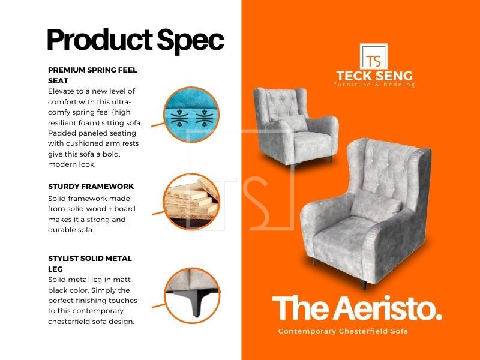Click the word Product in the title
pyautogui.click(x=100, y=40)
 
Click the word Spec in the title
pyautogui.click(x=191, y=41)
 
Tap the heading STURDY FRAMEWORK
pyautogui.click(x=91, y=187)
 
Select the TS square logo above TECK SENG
pyautogui.click(x=374, y=56)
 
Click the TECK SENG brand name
pyautogui.click(x=374, y=76)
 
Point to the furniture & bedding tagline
pyautogui.click(x=374, y=85)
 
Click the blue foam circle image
pyautogui.click(x=191, y=115)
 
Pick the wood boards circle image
pyautogui.click(x=191, y=202)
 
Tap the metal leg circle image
pyautogui.click(x=192, y=296)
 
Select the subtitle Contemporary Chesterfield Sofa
pyautogui.click(x=343, y=331)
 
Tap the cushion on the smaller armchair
pyautogui.click(x=291, y=124)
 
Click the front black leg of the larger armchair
pyautogui.click(x=364, y=284)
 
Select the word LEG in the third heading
pyautogui.click(x=55, y=269)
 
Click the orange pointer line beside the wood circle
pyautogui.click(x=158, y=213)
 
